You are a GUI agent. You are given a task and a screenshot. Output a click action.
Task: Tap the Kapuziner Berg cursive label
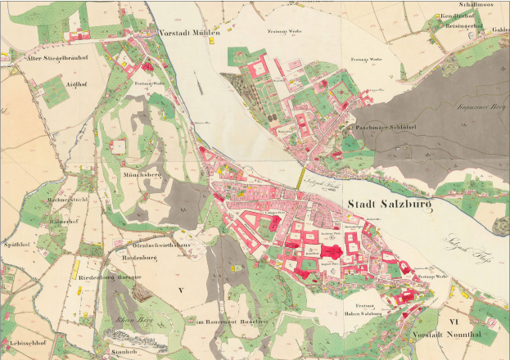tap(477, 108)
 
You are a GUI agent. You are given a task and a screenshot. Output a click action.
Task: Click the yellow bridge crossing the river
tap(297, 174)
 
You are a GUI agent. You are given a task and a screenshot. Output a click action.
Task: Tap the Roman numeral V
tap(181, 290)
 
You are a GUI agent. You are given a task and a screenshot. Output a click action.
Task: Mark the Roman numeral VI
tap(455, 322)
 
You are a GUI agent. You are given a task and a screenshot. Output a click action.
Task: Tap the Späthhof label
tap(19, 244)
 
